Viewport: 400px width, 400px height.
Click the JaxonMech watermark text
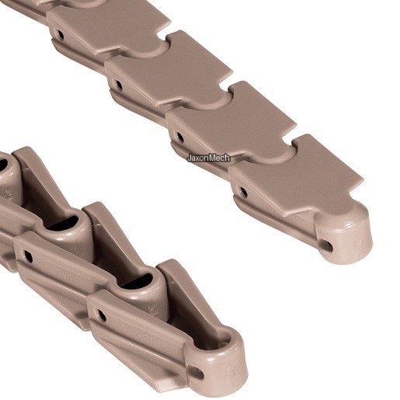pos(208,158)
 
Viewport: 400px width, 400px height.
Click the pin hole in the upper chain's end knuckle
pos(328,245)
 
